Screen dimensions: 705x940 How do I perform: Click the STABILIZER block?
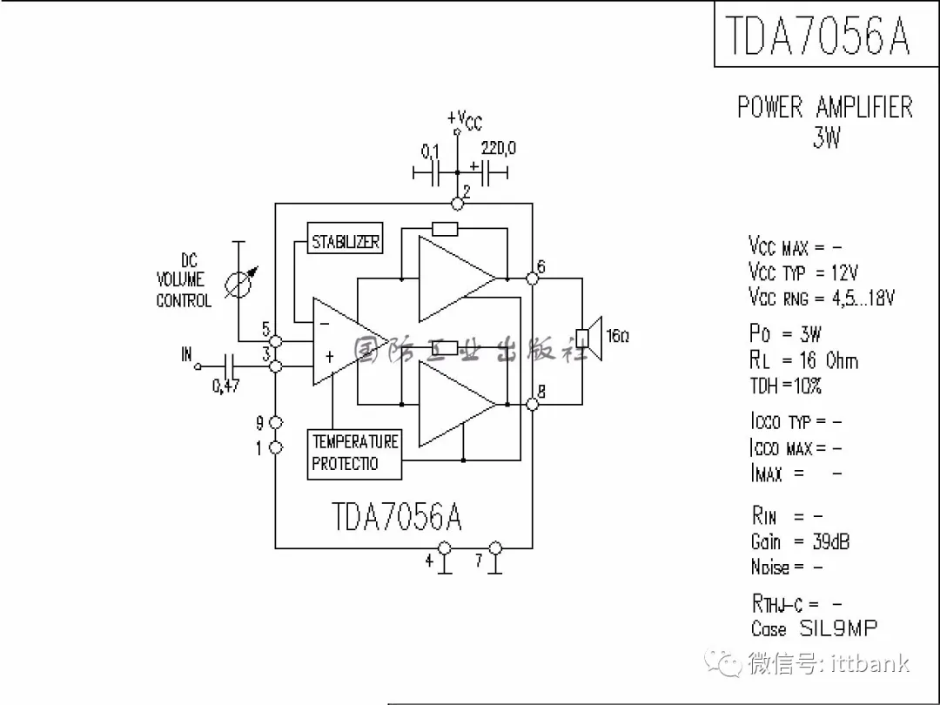pyautogui.click(x=346, y=241)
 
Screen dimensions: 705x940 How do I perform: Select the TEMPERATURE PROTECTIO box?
pyautogui.click(x=355, y=453)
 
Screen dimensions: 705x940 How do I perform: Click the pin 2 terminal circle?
pyautogui.click(x=457, y=204)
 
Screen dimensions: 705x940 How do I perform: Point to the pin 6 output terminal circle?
pyautogui.click(x=531, y=279)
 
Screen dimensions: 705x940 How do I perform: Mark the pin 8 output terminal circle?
pyautogui.click(x=531, y=405)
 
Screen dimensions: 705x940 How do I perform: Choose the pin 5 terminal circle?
pyautogui.click(x=276, y=340)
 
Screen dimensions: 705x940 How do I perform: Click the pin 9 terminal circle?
pyautogui.click(x=276, y=423)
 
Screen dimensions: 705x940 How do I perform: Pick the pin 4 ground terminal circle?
pyautogui.click(x=445, y=548)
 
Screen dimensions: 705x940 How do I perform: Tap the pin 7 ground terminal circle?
pyautogui.click(x=495, y=548)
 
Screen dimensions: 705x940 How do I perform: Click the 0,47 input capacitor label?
pyautogui.click(x=226, y=386)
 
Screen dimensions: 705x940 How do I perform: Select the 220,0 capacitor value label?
pyautogui.click(x=498, y=149)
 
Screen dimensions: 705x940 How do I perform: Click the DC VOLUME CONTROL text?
pyautogui.click(x=184, y=280)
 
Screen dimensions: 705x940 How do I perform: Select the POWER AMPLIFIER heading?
pyautogui.click(x=824, y=108)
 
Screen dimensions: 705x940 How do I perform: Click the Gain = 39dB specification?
pyautogui.click(x=800, y=541)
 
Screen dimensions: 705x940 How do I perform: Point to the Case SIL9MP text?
pyautogui.click(x=814, y=628)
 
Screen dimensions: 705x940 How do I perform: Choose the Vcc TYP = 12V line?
pyautogui.click(x=802, y=272)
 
